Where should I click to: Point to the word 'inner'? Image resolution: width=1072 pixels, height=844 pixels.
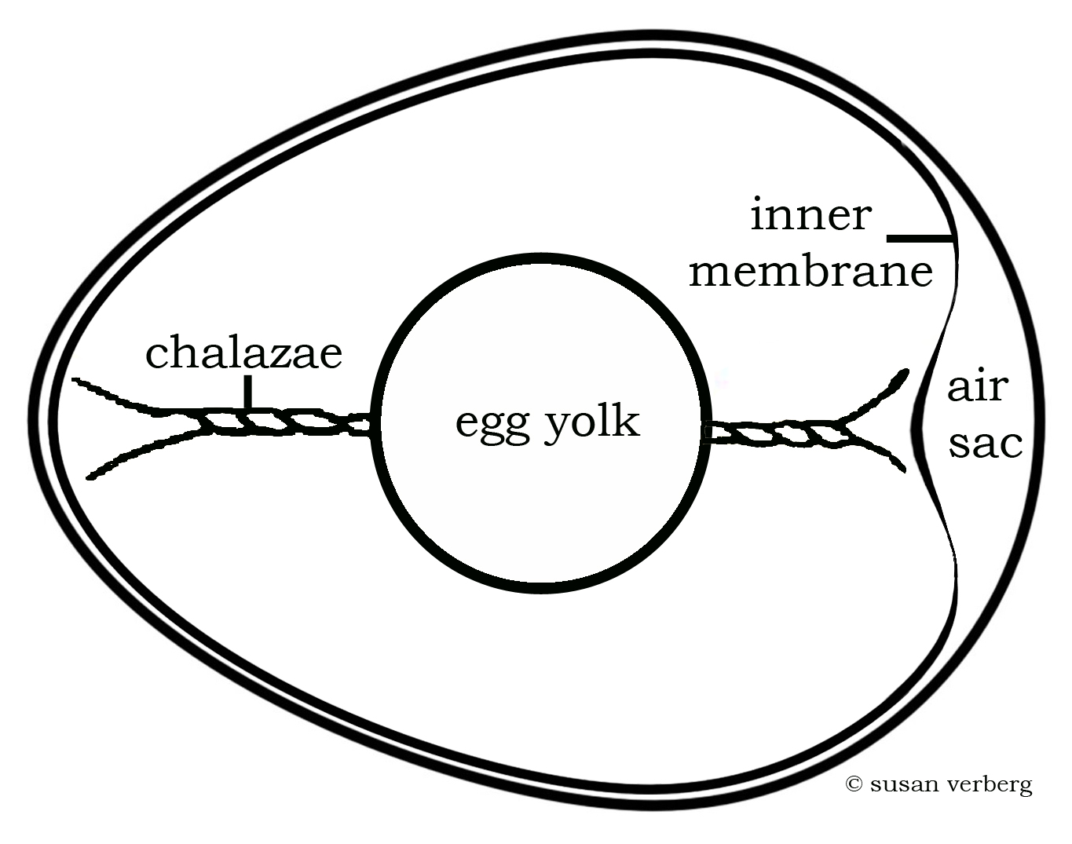pyautogui.click(x=810, y=215)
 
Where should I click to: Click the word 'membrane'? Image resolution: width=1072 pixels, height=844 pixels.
pyautogui.click(x=810, y=272)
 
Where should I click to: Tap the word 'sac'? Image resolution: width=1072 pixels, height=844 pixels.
pyautogui.click(x=986, y=444)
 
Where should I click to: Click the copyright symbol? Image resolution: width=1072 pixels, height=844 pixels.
pyautogui.click(x=854, y=784)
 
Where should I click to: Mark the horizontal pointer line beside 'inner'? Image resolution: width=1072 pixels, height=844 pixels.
pyautogui.click(x=919, y=236)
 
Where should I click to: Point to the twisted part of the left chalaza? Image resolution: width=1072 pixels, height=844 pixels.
pyautogui.click(x=267, y=421)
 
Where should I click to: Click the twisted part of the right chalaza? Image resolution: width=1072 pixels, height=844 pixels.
pyautogui.click(x=777, y=433)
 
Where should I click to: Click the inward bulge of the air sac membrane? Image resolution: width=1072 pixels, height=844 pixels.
pyautogui.click(x=916, y=424)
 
